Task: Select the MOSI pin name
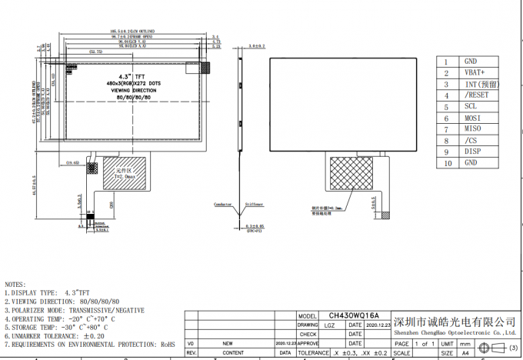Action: (x=472, y=118)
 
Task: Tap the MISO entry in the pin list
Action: (x=472, y=129)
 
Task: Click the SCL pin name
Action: (x=470, y=106)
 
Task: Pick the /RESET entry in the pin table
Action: (x=476, y=95)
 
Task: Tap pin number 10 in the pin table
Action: (x=446, y=163)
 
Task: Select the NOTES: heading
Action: (x=15, y=285)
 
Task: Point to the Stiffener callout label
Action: (x=254, y=205)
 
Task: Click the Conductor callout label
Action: (x=223, y=205)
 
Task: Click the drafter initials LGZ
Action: (x=329, y=325)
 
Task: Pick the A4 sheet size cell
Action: (x=465, y=352)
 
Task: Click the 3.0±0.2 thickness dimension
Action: (x=257, y=46)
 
